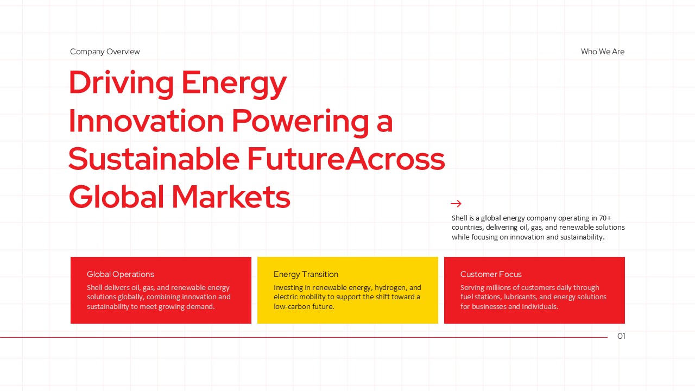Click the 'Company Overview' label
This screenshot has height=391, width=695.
tap(105, 52)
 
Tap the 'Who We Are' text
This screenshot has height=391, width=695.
tap(602, 52)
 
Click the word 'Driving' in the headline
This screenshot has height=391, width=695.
tap(121, 83)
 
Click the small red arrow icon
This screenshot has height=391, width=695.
tap(456, 204)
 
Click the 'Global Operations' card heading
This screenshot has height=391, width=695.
tap(121, 274)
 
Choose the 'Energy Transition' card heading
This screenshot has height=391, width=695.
tap(306, 274)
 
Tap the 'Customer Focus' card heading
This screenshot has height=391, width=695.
tap(491, 274)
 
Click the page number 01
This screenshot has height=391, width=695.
tap(621, 336)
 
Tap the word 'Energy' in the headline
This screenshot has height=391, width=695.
tap(233, 84)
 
